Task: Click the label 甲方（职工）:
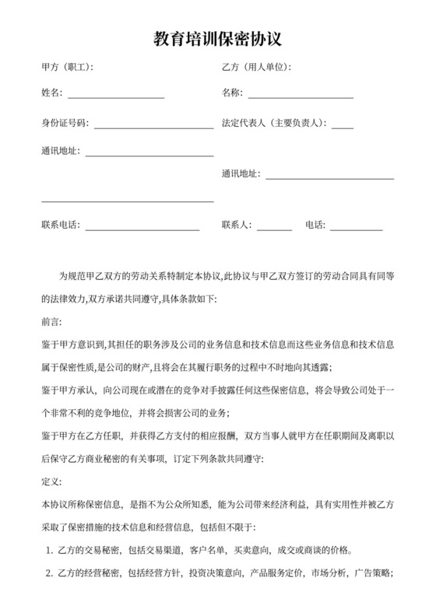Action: pyautogui.click(x=67, y=68)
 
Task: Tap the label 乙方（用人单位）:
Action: pyautogui.click(x=256, y=68)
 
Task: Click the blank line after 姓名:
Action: pyautogui.click(x=116, y=96)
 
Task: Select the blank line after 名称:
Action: pyautogui.click(x=301, y=96)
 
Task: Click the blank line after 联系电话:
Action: pyautogui.click(x=142, y=229)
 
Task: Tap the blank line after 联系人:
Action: pyautogui.click(x=274, y=229)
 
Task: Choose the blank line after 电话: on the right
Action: pyautogui.click(x=357, y=229)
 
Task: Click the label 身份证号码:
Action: pyautogui.click(x=65, y=123)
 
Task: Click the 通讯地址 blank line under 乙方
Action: pyautogui.click(x=330, y=178)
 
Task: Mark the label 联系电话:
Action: pyautogui.click(x=60, y=226)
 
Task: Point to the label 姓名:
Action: pyautogui.click(x=51, y=93)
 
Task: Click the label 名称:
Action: pyautogui.click(x=232, y=93)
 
